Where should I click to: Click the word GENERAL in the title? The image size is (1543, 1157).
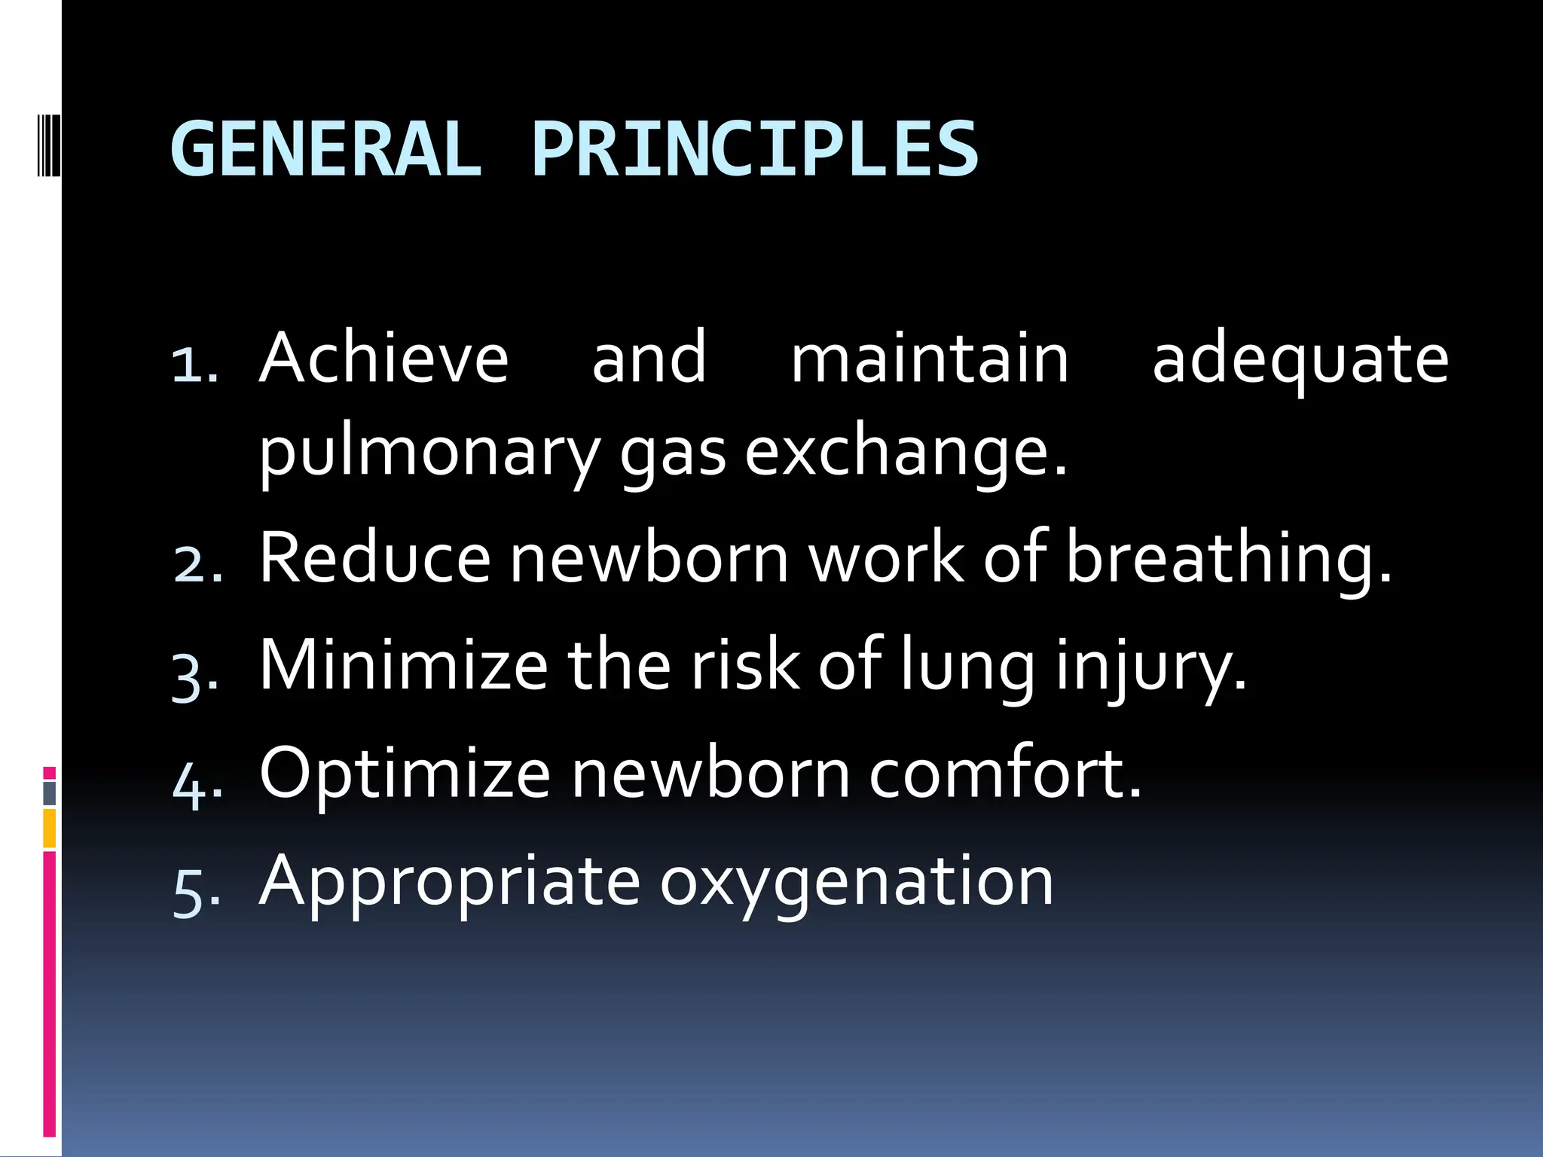(x=325, y=149)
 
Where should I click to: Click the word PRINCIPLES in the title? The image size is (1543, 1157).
(x=755, y=149)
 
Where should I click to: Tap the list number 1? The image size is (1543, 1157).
(x=194, y=365)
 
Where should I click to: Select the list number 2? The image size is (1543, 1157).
(x=197, y=565)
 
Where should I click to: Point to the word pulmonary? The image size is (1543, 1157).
(x=429, y=453)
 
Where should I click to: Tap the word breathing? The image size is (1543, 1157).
(x=1228, y=559)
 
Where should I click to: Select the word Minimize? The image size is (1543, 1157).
(x=403, y=664)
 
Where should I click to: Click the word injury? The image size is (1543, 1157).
(x=1150, y=666)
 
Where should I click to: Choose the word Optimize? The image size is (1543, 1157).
(x=405, y=774)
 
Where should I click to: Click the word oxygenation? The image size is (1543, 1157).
(x=857, y=882)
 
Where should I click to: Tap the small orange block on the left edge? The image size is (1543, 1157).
(x=50, y=828)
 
